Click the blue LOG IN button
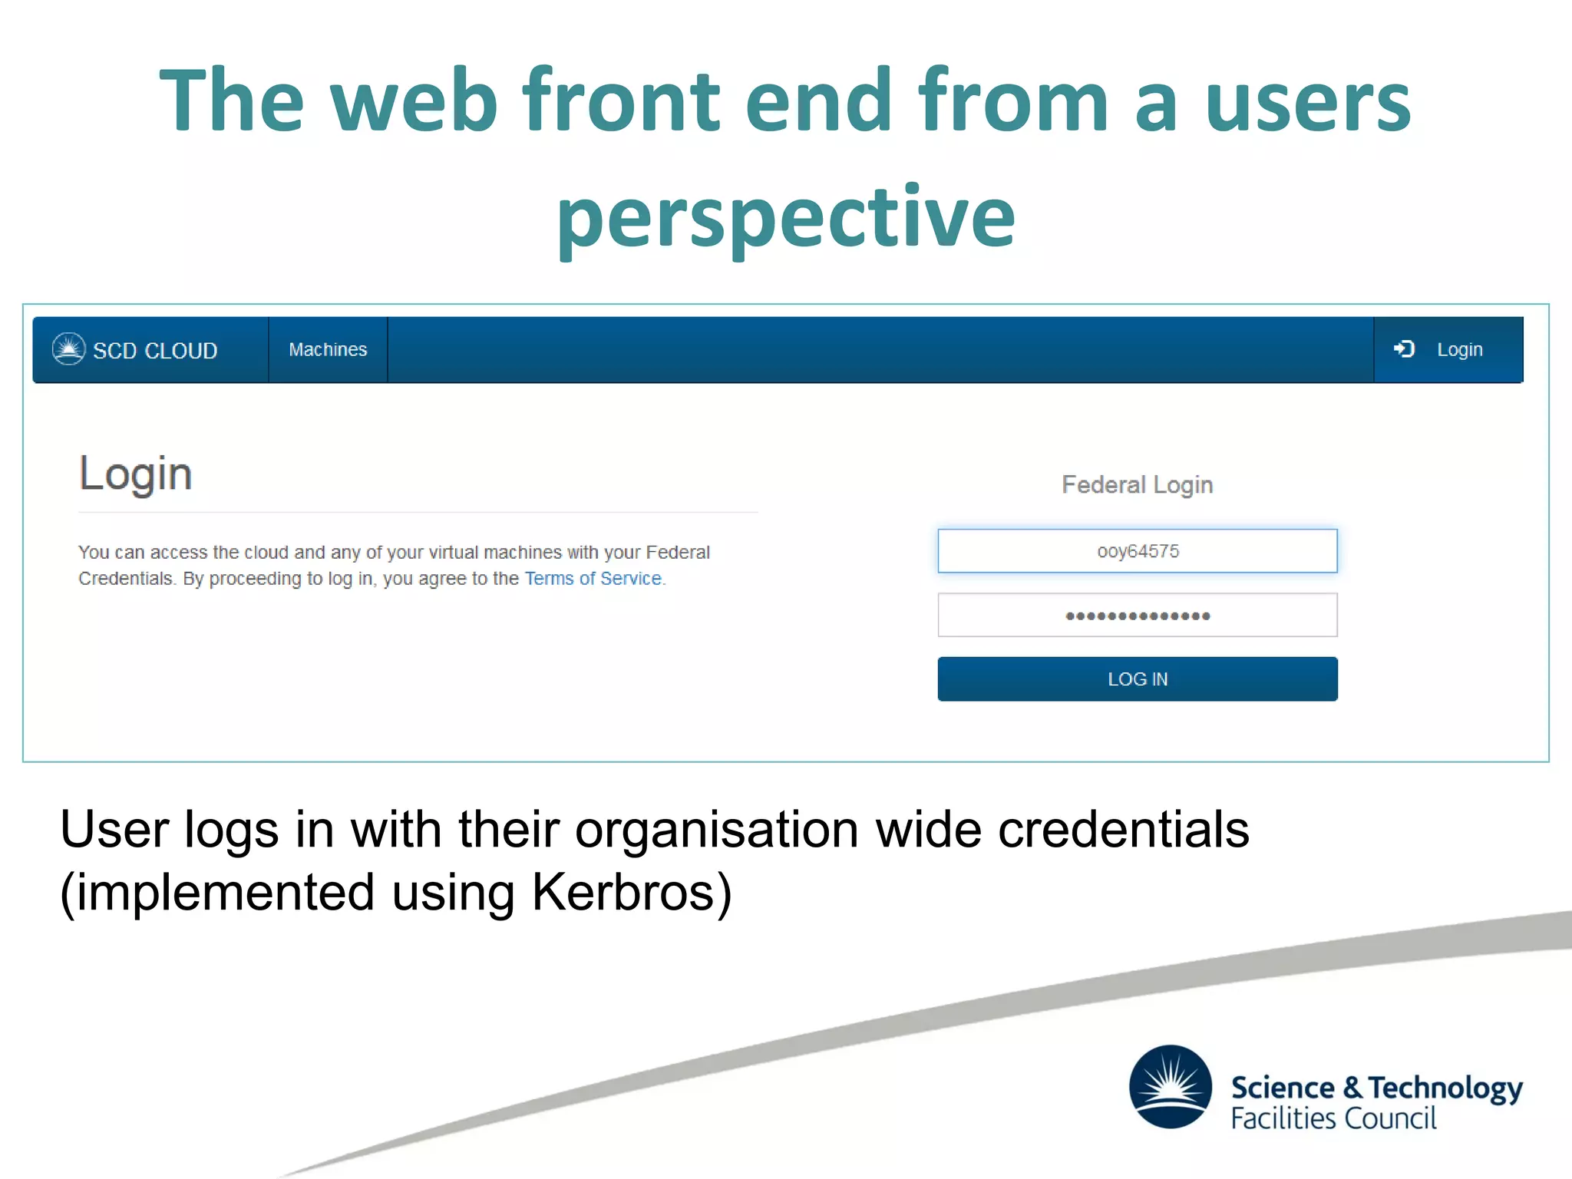pyautogui.click(x=1137, y=679)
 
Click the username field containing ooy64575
pyautogui.click(x=1137, y=551)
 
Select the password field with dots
pyautogui.click(x=1137, y=615)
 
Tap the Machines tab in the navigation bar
pyautogui.click(x=328, y=350)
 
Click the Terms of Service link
pyautogui.click(x=593, y=579)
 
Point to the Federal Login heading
pyautogui.click(x=1137, y=485)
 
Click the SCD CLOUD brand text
pyautogui.click(x=155, y=351)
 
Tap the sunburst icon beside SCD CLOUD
pyautogui.click(x=68, y=349)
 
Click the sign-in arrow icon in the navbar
pyautogui.click(x=1404, y=349)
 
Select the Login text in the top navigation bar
pyautogui.click(x=1459, y=350)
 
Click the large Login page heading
pyautogui.click(x=135, y=474)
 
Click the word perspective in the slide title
pyautogui.click(x=785, y=219)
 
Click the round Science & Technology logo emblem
pyautogui.click(x=1170, y=1087)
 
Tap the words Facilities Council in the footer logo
pyautogui.click(x=1333, y=1118)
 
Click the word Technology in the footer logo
pyautogui.click(x=1445, y=1088)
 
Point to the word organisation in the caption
pyautogui.click(x=716, y=831)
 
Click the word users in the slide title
pyautogui.click(x=1308, y=101)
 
